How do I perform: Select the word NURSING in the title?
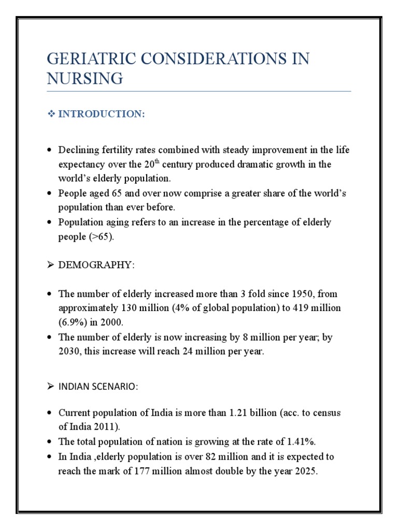(x=85, y=79)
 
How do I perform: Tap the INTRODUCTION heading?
(x=102, y=114)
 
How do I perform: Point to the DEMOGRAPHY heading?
(x=96, y=265)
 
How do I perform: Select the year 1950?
(x=290, y=294)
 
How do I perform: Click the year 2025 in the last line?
(x=305, y=472)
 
